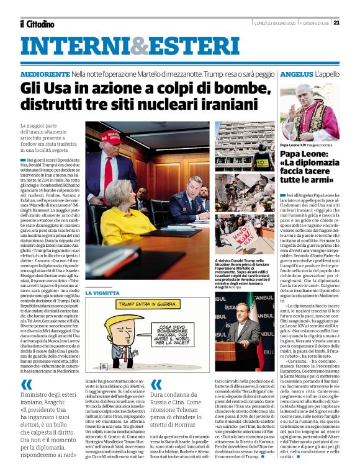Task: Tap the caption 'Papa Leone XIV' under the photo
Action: click(x=297, y=144)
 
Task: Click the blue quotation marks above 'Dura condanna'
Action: click(x=156, y=384)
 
